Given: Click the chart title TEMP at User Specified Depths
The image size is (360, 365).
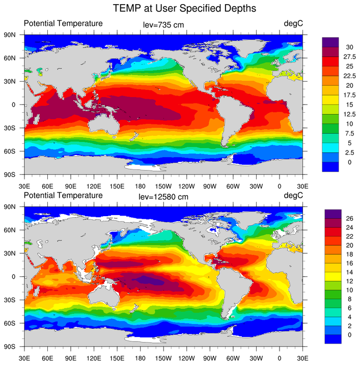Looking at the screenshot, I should coord(184,9).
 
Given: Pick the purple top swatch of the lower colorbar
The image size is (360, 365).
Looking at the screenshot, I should coord(330,214).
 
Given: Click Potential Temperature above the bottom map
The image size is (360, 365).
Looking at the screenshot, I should coord(63,196).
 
